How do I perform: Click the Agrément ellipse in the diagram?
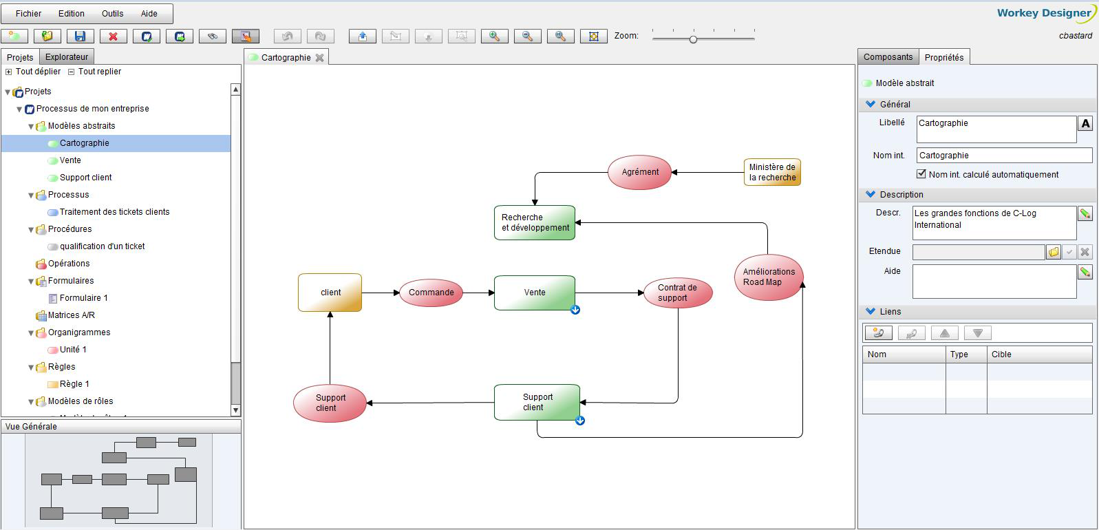[x=639, y=172]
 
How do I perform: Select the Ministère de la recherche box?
[x=772, y=172]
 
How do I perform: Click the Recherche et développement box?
[x=534, y=222]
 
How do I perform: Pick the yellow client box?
[x=330, y=293]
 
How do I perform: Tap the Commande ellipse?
[x=431, y=293]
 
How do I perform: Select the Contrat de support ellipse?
[x=677, y=293]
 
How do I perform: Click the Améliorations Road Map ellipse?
[x=768, y=277]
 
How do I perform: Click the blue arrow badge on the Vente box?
[x=575, y=310]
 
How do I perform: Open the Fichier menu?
[x=28, y=13]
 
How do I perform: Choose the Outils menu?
[x=112, y=13]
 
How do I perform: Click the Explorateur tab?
[x=67, y=57]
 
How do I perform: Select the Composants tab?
[x=888, y=57]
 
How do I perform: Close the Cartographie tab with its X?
[x=319, y=58]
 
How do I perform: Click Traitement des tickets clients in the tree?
[x=114, y=212]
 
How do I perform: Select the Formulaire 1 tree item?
[x=83, y=298]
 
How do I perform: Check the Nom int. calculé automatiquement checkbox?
[x=921, y=174]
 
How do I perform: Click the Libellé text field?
[x=996, y=129]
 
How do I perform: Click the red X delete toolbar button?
[x=114, y=36]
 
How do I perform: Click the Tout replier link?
[x=99, y=72]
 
